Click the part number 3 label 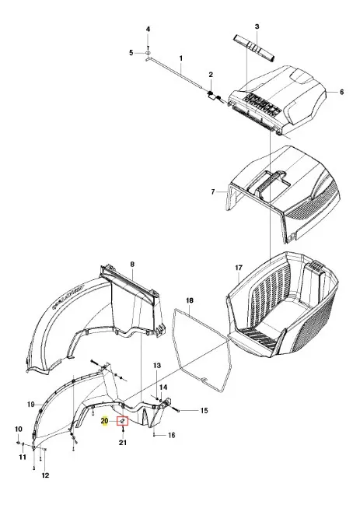(257, 26)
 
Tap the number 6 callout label (341, 92)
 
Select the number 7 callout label (213, 192)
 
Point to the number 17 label (239, 268)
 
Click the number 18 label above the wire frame (190, 300)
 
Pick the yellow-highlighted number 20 (105, 421)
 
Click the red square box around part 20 (122, 420)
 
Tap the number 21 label (123, 443)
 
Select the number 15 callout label (204, 411)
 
